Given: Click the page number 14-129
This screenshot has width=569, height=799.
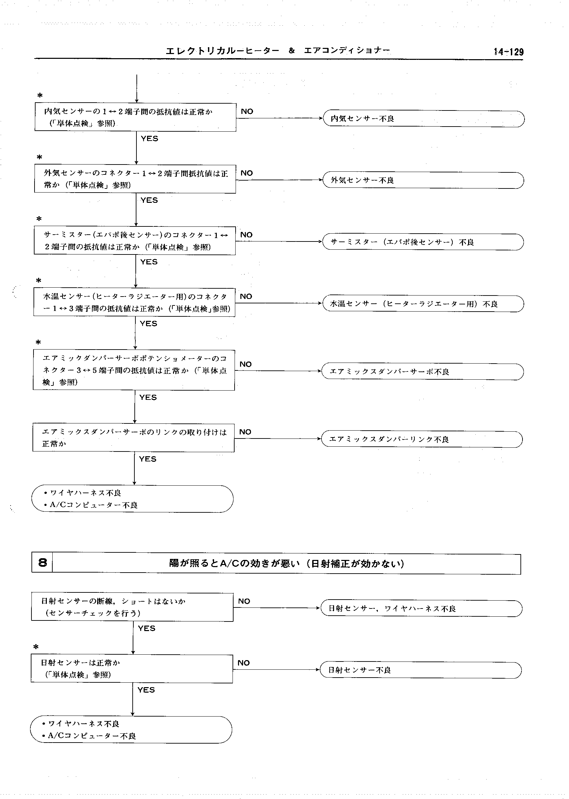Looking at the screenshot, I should pos(508,52).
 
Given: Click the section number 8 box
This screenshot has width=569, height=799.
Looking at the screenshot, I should pos(42,563).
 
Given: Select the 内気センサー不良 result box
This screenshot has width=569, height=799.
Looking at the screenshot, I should pos(423,119).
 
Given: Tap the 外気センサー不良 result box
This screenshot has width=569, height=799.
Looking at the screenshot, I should pos(423,180).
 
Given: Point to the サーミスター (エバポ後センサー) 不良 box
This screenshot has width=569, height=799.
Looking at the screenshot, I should pos(423,242).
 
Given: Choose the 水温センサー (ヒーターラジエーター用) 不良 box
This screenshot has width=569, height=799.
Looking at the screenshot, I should pos(423,304).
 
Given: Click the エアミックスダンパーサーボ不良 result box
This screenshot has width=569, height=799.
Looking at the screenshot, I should pos(422,371).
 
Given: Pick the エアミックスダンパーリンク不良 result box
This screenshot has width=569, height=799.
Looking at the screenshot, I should pos(422,439).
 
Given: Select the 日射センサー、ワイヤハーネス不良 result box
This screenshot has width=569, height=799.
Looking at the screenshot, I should pos(422,608).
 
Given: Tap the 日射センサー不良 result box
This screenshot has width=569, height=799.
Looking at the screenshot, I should pos(421,670).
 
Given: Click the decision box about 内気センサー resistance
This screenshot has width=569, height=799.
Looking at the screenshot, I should pos(135,117).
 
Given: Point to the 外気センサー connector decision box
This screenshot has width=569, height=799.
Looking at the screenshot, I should pos(135,179).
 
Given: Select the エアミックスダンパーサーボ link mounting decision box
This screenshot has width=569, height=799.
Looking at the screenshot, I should pos(133,438).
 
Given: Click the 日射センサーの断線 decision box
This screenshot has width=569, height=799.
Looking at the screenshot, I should pos(132,607).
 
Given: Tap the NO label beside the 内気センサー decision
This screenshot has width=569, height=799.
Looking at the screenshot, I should pos(247,112).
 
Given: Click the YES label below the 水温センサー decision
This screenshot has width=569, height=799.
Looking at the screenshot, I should pos(148,324).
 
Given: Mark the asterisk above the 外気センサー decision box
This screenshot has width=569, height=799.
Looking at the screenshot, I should pos(40,157).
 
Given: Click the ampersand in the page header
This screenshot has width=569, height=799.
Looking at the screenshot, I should pos(291,51).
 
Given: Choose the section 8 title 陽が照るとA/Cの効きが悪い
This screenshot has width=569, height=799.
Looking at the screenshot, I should pos(286,563).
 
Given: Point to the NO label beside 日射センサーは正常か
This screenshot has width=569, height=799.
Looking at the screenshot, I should pos(243,663).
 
